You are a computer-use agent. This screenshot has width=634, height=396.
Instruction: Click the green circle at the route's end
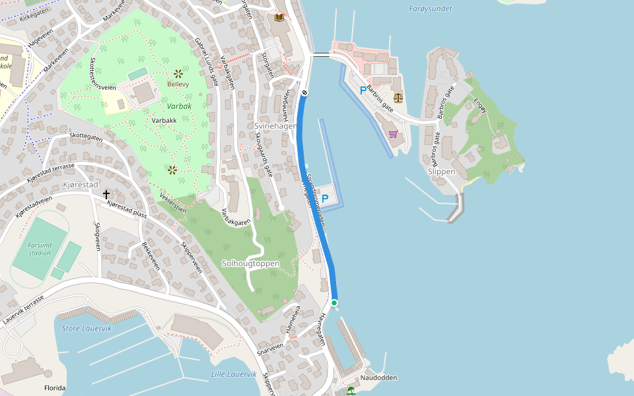[334, 303]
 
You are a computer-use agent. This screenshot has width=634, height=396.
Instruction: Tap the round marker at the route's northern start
[304, 93]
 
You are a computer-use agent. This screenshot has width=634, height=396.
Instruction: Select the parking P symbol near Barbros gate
[363, 90]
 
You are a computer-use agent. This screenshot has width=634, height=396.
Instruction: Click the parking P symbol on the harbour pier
[325, 198]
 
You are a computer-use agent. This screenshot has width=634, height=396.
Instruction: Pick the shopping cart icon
[393, 134]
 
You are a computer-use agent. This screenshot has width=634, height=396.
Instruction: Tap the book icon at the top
[279, 16]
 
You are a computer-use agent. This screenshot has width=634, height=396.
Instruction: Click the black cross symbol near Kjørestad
[106, 194]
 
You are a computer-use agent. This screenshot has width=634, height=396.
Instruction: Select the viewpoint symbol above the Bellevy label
[178, 73]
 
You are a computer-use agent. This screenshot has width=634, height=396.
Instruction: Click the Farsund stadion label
[40, 249]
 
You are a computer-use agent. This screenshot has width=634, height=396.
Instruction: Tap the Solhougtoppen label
[250, 263]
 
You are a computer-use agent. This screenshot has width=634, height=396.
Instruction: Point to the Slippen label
[441, 172]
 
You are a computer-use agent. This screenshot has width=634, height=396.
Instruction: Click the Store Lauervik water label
[87, 328]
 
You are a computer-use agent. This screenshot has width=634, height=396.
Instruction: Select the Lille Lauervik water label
[234, 374]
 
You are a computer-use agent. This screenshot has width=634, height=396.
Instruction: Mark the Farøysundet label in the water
[431, 9]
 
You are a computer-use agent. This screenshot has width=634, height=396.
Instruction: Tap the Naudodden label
[378, 378]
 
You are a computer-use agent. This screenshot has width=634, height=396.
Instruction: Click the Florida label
[54, 388]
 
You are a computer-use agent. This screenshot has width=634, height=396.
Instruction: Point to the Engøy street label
[480, 105]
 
